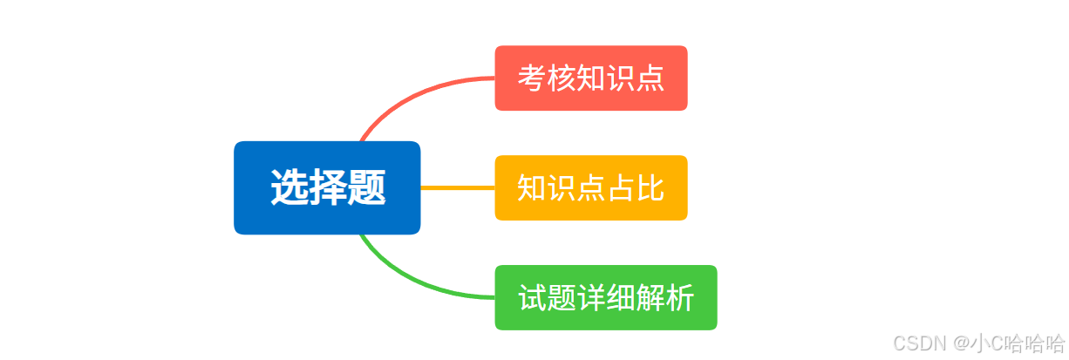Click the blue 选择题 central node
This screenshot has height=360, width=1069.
(x=327, y=187)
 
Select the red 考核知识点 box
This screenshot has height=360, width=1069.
(x=591, y=78)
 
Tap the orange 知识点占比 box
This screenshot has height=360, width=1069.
(x=591, y=187)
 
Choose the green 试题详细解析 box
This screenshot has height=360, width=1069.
(x=606, y=297)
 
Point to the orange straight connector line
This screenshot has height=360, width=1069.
(x=458, y=187)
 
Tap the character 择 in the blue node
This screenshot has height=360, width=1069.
(x=327, y=187)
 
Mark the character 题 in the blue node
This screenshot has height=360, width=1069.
(x=367, y=187)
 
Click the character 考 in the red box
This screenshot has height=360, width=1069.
(x=532, y=78)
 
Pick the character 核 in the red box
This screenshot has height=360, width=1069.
(x=562, y=78)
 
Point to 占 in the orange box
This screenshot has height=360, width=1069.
(x=621, y=187)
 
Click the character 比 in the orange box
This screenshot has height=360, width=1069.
(x=650, y=187)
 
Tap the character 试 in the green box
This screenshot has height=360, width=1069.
(x=532, y=298)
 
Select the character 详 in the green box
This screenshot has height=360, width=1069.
(x=591, y=298)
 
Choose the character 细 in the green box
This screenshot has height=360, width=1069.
(x=621, y=298)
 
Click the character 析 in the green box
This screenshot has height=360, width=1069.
(x=680, y=298)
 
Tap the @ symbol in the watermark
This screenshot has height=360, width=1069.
(x=961, y=343)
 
